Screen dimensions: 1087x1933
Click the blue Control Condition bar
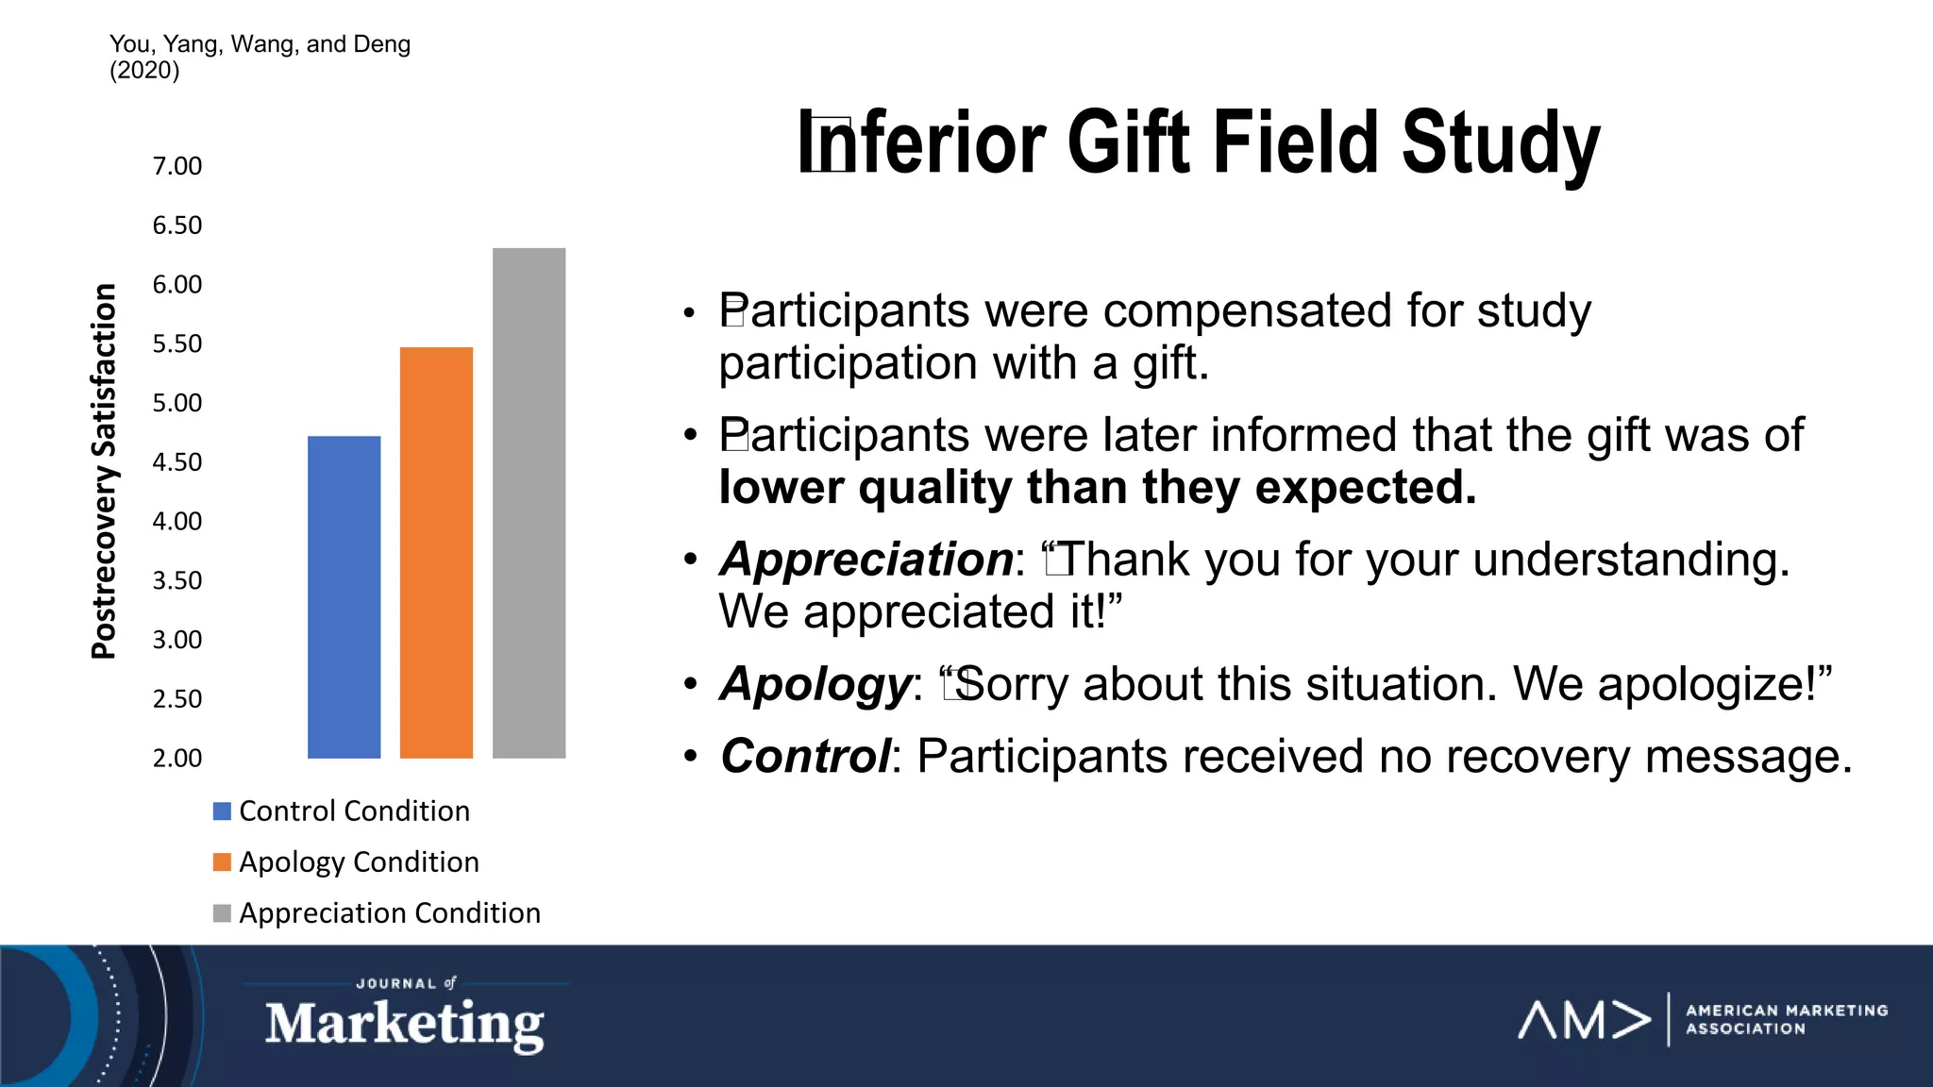pyautogui.click(x=344, y=596)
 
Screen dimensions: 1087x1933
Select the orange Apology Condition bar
pyautogui.click(x=436, y=552)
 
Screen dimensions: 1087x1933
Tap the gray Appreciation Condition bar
pyautogui.click(x=529, y=503)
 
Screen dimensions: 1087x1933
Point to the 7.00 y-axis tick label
pyautogui.click(x=177, y=166)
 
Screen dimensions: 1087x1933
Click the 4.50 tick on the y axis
pyautogui.click(x=177, y=462)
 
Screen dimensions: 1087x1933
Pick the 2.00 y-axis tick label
pyautogui.click(x=177, y=759)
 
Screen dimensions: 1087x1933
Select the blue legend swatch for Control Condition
pyautogui.click(x=223, y=811)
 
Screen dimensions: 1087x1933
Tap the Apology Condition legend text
pyautogui.click(x=359, y=861)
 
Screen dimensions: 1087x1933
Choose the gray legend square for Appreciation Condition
pyautogui.click(x=223, y=913)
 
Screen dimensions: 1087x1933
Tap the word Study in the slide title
pyautogui.click(x=1501, y=143)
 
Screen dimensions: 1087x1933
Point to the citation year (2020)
pyautogui.click(x=144, y=71)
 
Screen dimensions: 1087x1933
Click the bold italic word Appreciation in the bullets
pyautogui.click(x=866, y=560)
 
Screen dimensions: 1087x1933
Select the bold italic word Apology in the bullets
pyautogui.click(x=815, y=684)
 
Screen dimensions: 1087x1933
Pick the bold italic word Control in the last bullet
pyautogui.click(x=804, y=757)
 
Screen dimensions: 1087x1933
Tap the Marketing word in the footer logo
pyautogui.click(x=404, y=1025)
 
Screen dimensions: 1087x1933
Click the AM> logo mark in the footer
pyautogui.click(x=1583, y=1020)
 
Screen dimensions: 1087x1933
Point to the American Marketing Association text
pyautogui.click(x=1786, y=1020)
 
